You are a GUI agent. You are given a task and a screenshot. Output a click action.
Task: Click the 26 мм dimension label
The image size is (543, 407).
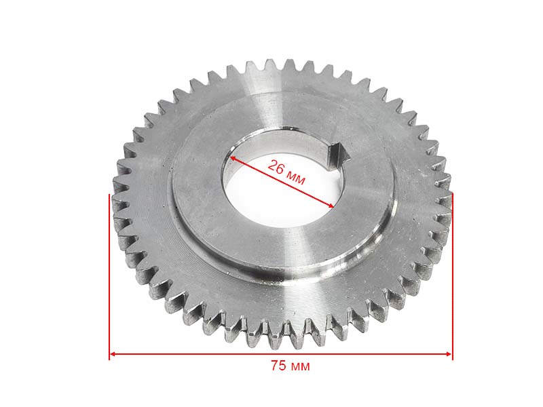pyautogui.click(x=286, y=172)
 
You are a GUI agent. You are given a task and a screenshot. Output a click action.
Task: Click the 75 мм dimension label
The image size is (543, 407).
pyautogui.click(x=291, y=366)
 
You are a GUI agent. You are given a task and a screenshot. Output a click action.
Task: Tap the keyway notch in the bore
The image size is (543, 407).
pyautogui.click(x=338, y=155)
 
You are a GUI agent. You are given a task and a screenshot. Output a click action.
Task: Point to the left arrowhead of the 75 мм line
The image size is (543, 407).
pyautogui.click(x=113, y=354)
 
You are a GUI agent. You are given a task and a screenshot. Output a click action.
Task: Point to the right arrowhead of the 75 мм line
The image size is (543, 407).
pyautogui.click(x=449, y=354)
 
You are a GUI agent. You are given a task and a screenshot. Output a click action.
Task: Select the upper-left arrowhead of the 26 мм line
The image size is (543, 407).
pyautogui.click(x=233, y=158)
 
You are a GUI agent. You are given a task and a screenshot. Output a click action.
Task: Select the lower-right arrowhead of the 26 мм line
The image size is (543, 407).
pyautogui.click(x=331, y=206)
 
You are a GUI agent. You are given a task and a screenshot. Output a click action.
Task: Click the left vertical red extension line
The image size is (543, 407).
pyautogui.click(x=109, y=277)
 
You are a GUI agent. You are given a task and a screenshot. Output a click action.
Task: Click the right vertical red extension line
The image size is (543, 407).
pyautogui.click(x=452, y=277)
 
